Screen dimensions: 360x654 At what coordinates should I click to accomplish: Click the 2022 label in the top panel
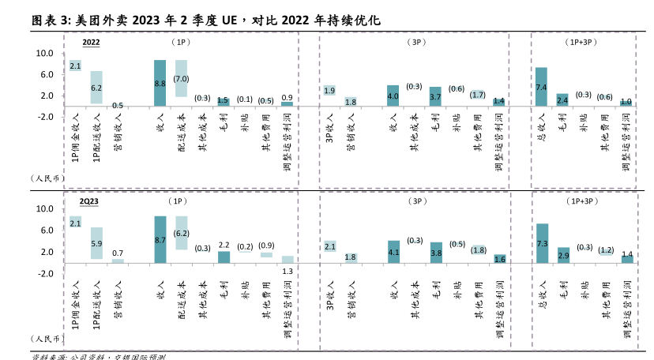click(x=91, y=41)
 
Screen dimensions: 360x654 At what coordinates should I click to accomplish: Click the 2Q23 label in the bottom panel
click(x=90, y=201)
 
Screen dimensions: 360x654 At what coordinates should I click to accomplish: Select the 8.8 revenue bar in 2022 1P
click(x=160, y=83)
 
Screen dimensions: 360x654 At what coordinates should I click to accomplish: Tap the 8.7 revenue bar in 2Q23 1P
click(x=160, y=239)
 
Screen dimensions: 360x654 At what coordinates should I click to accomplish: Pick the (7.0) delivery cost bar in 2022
click(x=181, y=78)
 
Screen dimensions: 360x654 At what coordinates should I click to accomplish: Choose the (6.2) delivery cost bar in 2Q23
click(x=181, y=233)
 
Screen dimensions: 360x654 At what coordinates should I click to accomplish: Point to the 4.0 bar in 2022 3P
click(x=393, y=96)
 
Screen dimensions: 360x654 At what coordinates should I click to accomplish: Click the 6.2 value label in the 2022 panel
click(x=96, y=88)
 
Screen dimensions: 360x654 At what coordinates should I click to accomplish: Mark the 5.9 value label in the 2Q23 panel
click(x=96, y=243)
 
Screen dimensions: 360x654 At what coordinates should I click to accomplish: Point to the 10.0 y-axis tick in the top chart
click(x=45, y=54)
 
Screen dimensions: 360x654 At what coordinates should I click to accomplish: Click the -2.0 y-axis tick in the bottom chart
click(x=45, y=273)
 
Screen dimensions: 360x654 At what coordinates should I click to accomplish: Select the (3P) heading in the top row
click(x=415, y=41)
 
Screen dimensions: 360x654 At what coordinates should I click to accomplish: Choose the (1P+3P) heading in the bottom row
click(x=584, y=201)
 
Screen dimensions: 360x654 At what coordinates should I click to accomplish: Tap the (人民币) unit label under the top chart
click(x=47, y=178)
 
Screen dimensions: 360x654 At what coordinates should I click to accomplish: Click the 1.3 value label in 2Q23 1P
click(x=288, y=271)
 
